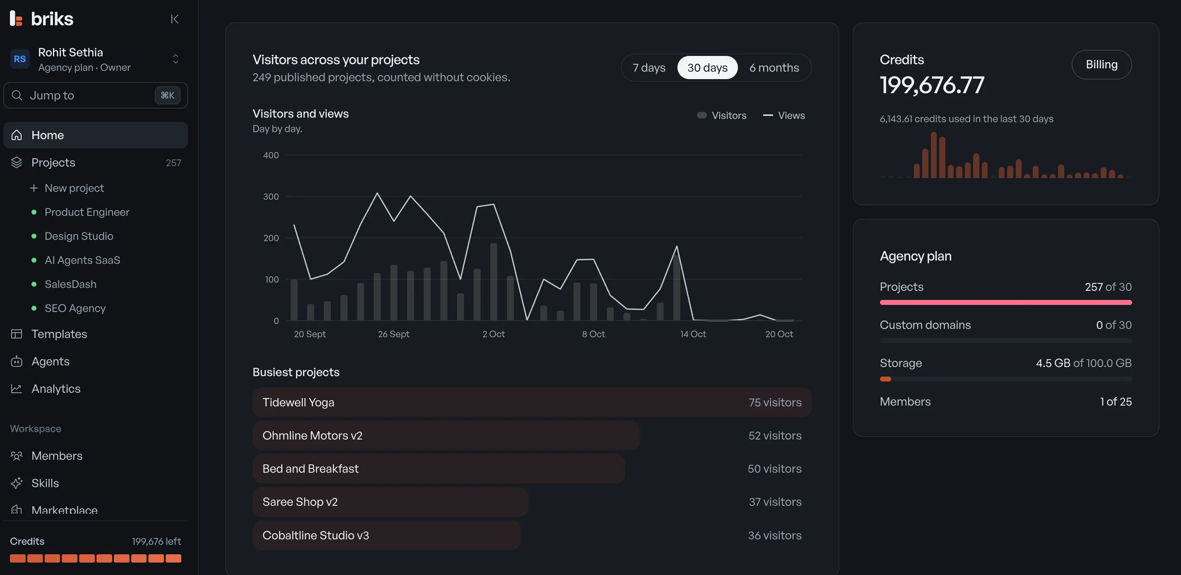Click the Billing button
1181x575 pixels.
tap(1101, 65)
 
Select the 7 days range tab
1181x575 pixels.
tap(649, 68)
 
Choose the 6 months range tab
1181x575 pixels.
tap(774, 68)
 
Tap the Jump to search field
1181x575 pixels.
tap(95, 95)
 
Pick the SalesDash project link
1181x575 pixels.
tap(70, 284)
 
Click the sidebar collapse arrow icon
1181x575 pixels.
tap(175, 19)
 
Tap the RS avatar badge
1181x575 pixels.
tap(20, 59)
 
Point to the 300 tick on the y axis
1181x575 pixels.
tap(270, 197)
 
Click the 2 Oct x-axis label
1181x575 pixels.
tap(493, 334)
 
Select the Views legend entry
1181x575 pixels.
tap(783, 116)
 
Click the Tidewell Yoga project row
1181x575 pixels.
tap(532, 402)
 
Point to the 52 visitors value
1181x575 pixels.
tap(775, 436)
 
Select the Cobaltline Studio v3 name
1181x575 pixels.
tap(316, 535)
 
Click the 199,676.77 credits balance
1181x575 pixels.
tap(932, 85)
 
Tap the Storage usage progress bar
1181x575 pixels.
tap(1005, 379)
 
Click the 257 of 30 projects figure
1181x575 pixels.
tap(1108, 287)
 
